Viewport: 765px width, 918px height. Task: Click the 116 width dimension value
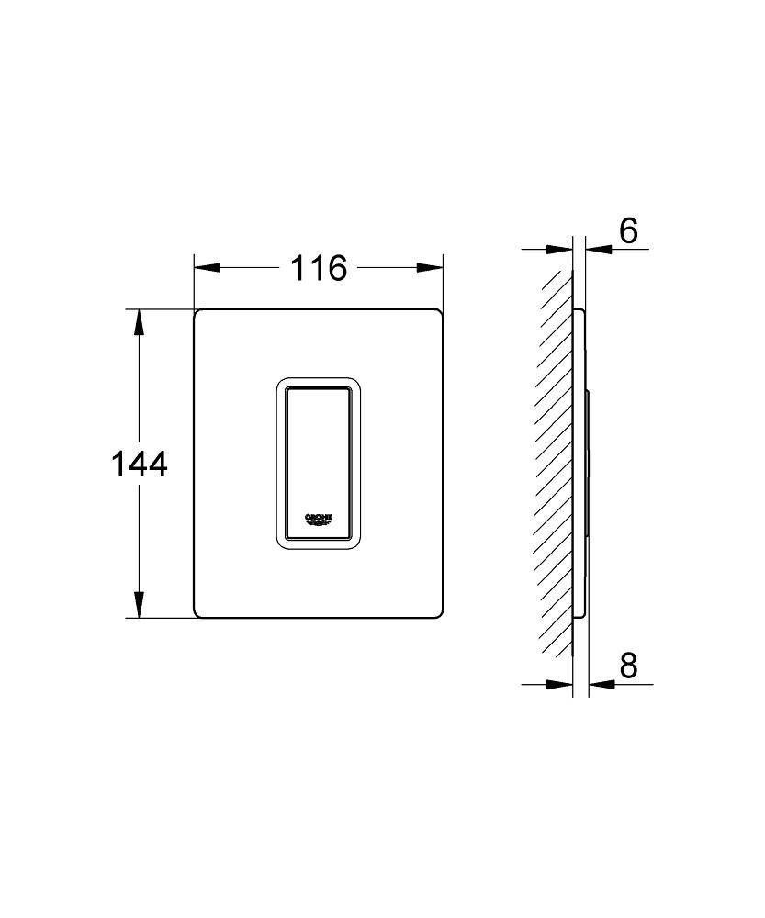[x=319, y=268]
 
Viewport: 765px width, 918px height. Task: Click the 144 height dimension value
[x=140, y=465]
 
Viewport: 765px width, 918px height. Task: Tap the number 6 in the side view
[x=628, y=231]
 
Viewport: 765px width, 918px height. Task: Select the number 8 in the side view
[x=628, y=665]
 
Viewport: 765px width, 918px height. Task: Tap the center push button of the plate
[x=318, y=464]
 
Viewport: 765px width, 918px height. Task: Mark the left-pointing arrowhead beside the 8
[x=600, y=684]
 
